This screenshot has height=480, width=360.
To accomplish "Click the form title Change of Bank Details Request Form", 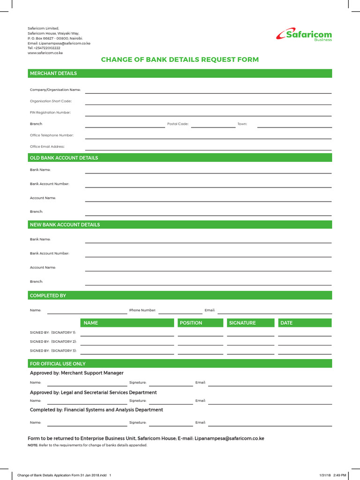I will (x=180, y=60).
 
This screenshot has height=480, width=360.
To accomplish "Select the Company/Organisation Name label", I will (x=55, y=90).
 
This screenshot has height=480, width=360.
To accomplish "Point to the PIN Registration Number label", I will (x=51, y=112).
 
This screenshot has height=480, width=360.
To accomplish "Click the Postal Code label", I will (x=178, y=124).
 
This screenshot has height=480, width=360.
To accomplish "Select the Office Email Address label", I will (x=47, y=147).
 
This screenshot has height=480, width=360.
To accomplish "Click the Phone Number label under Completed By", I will (x=142, y=310).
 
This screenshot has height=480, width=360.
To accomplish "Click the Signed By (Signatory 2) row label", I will (x=53, y=341).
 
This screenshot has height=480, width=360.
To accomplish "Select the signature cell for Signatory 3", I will (x=251, y=351).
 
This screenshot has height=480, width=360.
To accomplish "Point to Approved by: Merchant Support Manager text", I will (x=77, y=373).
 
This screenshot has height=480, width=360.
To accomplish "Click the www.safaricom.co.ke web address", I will (x=45, y=53).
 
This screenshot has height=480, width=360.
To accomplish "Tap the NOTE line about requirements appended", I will (x=88, y=445).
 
